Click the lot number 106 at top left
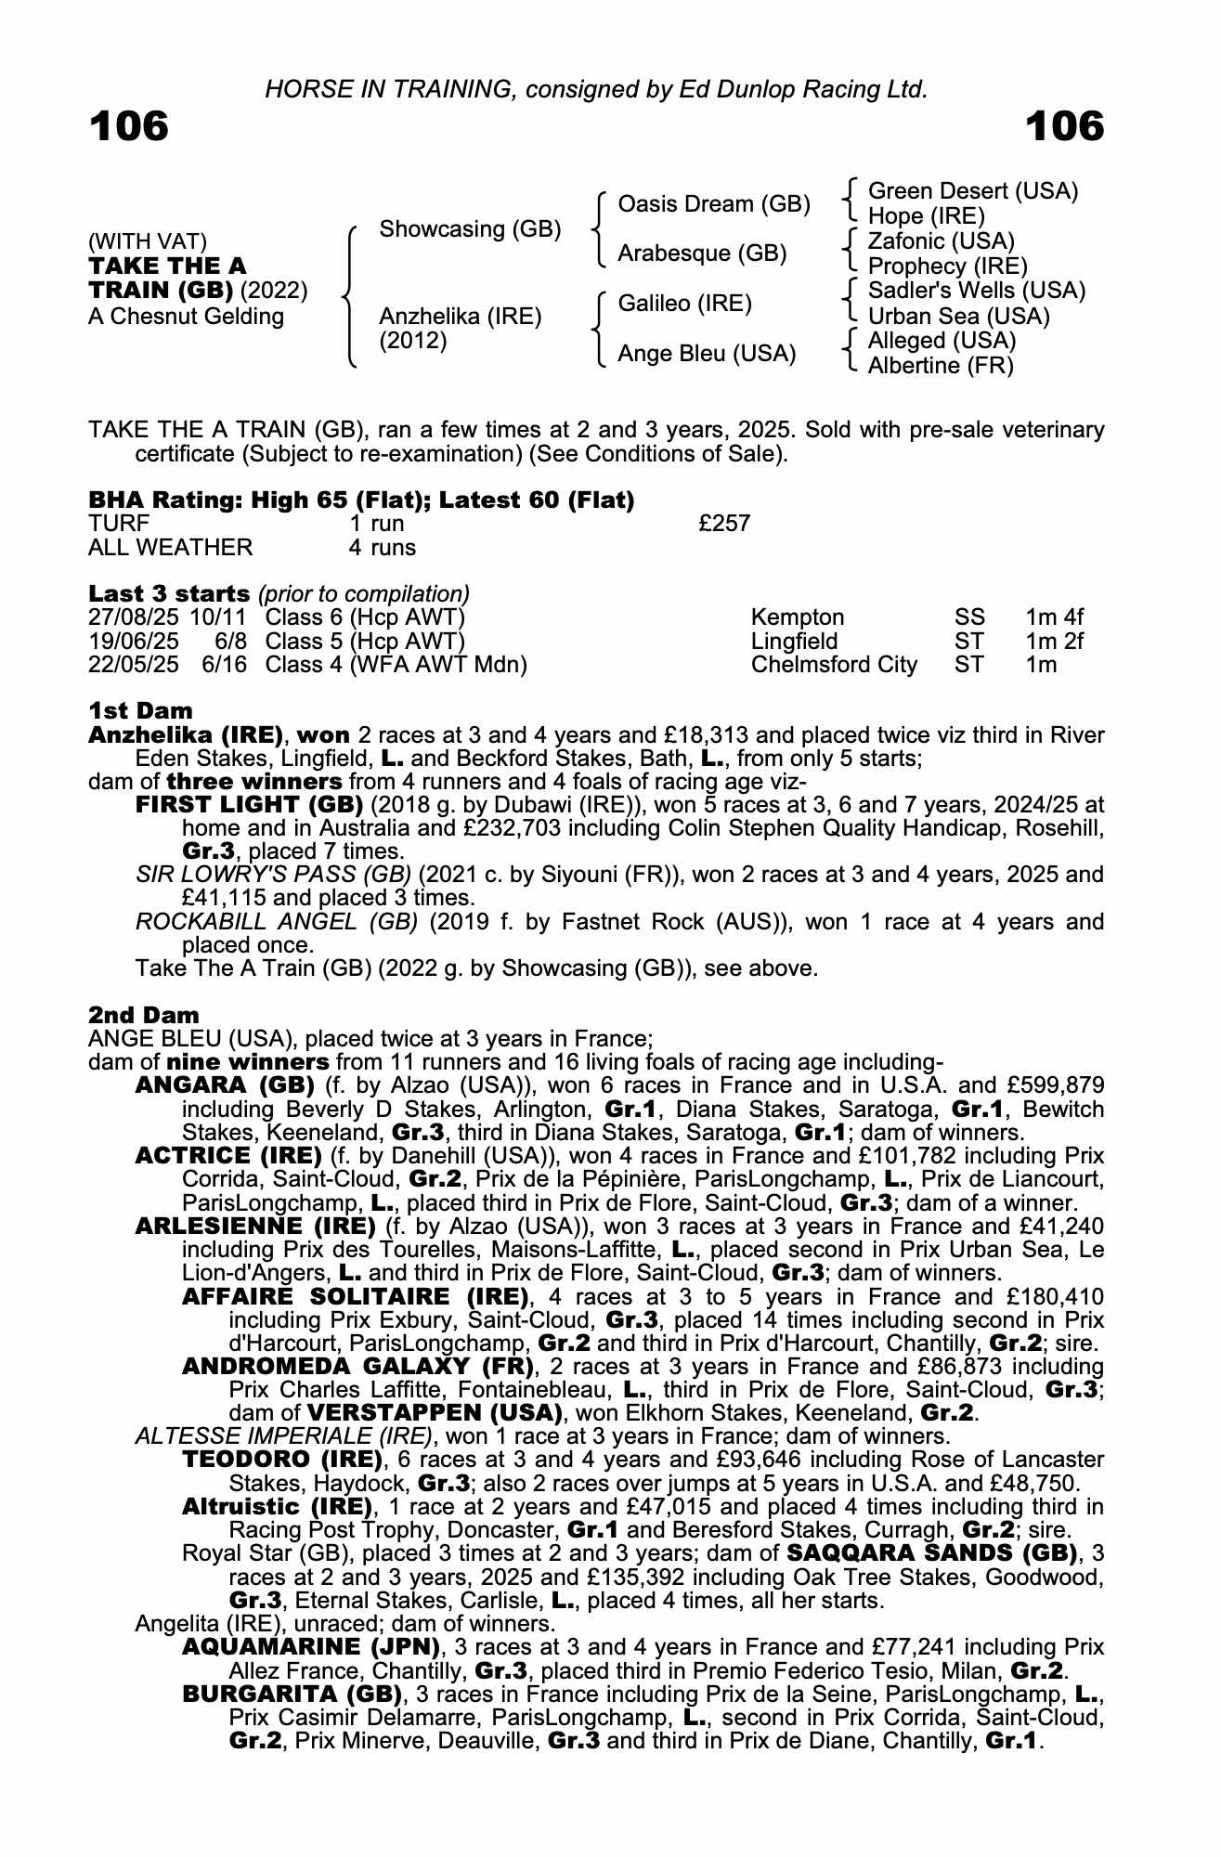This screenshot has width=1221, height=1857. pos(129,126)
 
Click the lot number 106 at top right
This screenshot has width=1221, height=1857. pos(1065,126)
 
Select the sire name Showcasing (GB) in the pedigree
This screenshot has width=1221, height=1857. pos(470,229)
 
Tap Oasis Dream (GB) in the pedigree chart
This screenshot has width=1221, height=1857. pos(713,204)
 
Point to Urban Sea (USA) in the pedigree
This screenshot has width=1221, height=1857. pos(958,317)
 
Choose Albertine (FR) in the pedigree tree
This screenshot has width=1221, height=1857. pos(941,366)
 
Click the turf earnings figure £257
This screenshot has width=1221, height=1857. pos(724,524)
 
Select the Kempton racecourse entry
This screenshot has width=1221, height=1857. pos(798,617)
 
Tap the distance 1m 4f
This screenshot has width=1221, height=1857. pos(1054,617)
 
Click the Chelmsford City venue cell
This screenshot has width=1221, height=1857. pos(834,665)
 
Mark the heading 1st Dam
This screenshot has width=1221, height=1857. pos(140,711)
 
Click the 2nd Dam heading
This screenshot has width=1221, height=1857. pos(143,1015)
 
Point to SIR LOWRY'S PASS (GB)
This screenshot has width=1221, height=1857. pos(273,875)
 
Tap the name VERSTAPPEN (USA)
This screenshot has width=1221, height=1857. pos(435,1413)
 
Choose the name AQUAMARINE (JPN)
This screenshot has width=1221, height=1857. pos(311,1647)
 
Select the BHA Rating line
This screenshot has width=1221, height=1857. pos(361,500)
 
